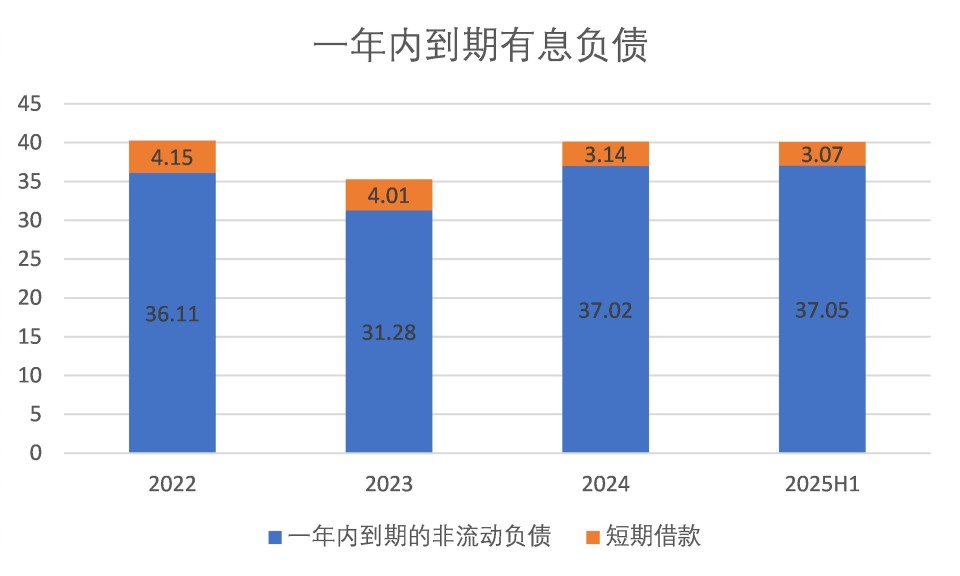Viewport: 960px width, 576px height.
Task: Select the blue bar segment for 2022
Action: point(172,380)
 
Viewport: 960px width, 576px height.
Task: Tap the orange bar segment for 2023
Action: point(388,196)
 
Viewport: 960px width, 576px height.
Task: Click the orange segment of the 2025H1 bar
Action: point(822,154)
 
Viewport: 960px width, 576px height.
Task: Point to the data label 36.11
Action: point(172,314)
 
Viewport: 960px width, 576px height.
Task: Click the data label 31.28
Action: point(388,333)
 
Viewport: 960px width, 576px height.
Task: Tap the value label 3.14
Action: point(605,154)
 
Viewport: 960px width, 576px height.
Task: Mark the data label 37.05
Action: point(822,310)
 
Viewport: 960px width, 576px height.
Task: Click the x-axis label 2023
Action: point(388,485)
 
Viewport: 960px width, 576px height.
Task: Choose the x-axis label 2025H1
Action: point(822,485)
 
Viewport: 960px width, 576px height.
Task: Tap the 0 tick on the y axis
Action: point(36,453)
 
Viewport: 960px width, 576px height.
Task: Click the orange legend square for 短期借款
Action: point(592,537)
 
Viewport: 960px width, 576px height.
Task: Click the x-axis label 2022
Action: point(172,485)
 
